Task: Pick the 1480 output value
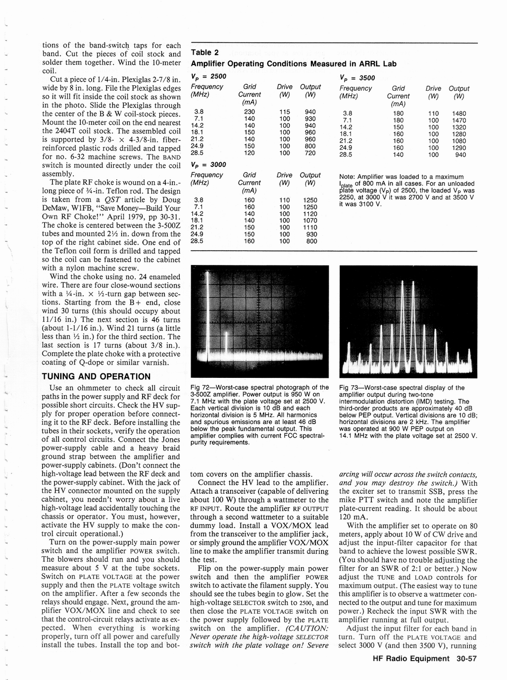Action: click(x=459, y=113)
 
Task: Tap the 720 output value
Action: click(x=310, y=153)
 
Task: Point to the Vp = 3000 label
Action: click(x=208, y=164)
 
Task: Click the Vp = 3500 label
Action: click(x=357, y=78)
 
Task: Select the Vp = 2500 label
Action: click(x=208, y=76)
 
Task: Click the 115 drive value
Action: click(x=284, y=112)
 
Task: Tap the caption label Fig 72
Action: click(x=200, y=388)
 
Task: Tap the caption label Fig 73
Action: click(x=349, y=388)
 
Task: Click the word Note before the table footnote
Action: click(x=348, y=177)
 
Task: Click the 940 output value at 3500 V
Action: click(x=460, y=155)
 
